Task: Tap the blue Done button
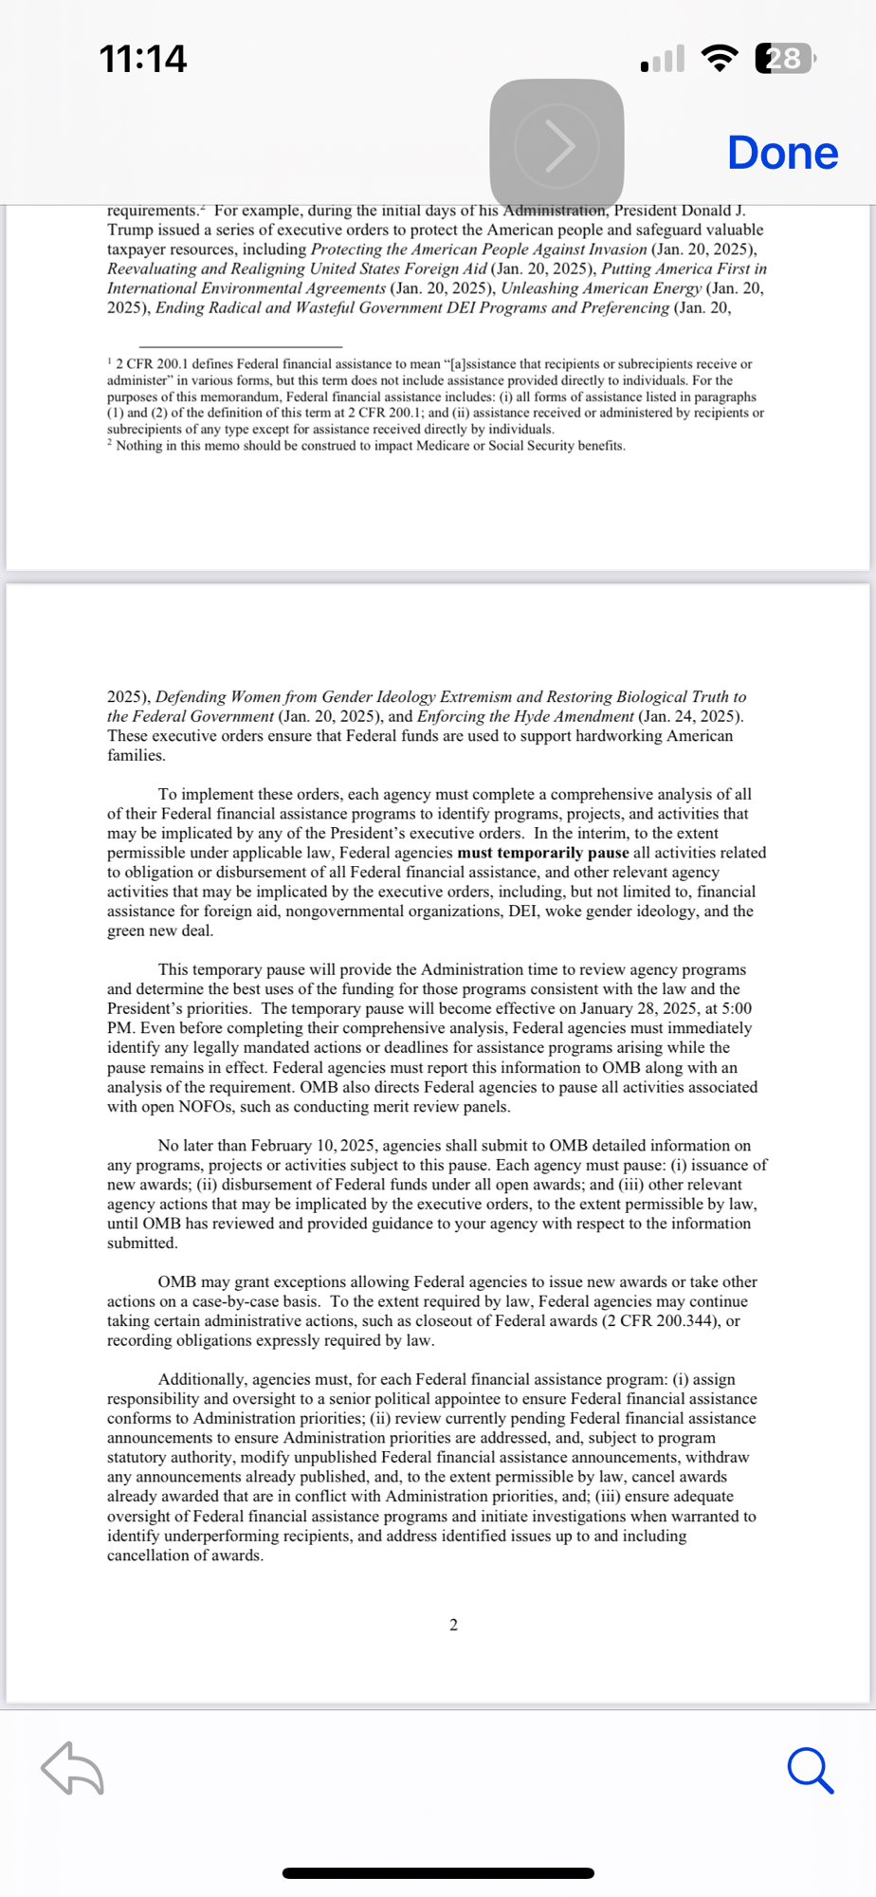point(782,154)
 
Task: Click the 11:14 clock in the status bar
point(143,59)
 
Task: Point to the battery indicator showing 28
point(784,59)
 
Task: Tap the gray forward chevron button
point(557,145)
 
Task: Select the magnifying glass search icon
point(810,1771)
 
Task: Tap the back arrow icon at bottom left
point(72,1769)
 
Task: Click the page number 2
point(453,1625)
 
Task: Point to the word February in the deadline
point(283,1146)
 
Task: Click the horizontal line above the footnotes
point(240,347)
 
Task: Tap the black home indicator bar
point(438,1873)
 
